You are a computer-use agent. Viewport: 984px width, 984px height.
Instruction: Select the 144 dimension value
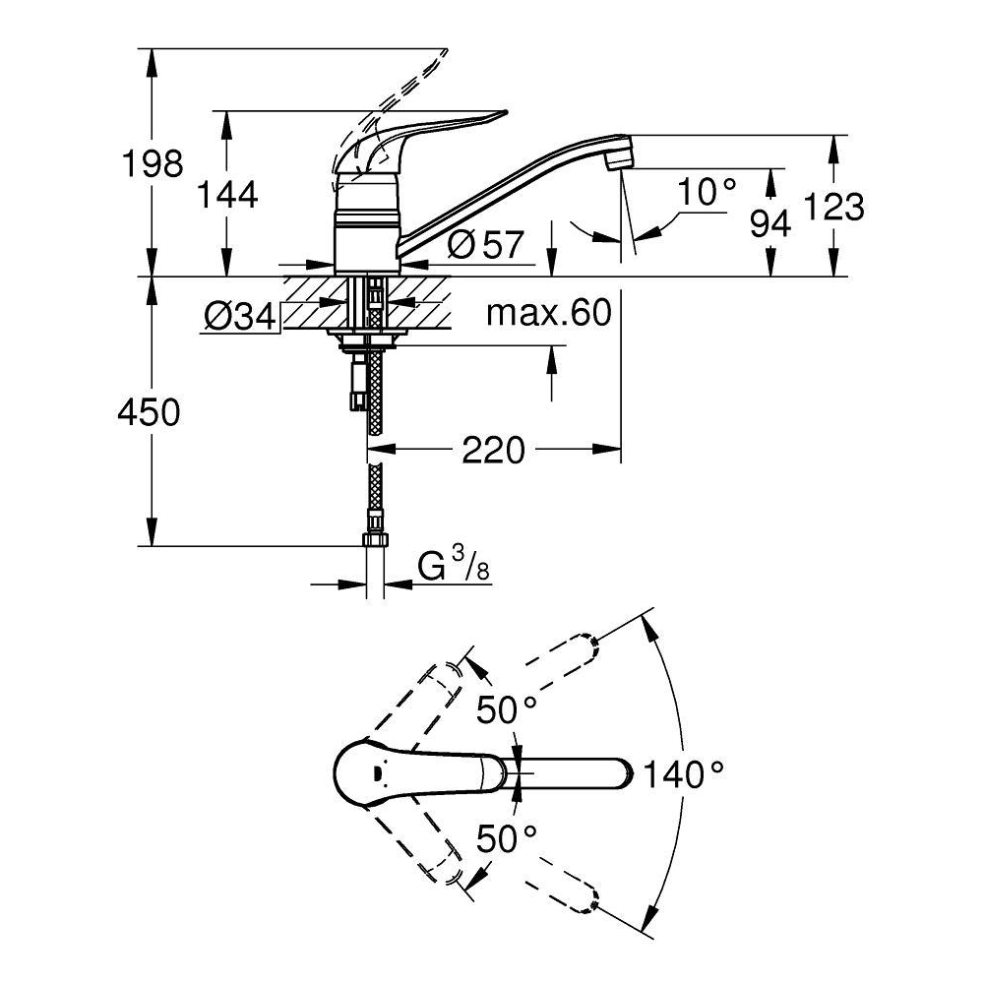coord(227,195)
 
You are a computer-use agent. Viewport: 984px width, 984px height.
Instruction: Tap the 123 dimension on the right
coord(834,207)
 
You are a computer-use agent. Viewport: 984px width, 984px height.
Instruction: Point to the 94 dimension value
coord(770,225)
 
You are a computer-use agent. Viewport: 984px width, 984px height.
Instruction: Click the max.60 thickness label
coord(549,313)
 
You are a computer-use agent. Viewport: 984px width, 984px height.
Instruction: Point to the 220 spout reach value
coord(492,451)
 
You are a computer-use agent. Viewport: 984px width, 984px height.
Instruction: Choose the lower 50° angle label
coord(507,838)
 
